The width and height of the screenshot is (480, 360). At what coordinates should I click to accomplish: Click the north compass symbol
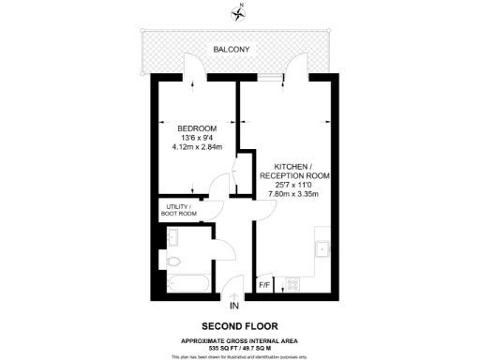239,12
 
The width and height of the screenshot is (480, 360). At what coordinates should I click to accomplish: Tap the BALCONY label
231,48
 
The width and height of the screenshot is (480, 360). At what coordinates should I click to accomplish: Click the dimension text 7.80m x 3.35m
296,194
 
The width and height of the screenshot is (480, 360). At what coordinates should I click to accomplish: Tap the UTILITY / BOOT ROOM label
180,209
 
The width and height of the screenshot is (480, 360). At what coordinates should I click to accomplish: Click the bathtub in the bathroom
184,282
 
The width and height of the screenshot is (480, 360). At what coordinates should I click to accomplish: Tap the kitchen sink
322,249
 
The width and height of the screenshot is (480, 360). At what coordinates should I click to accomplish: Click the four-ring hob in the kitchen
292,282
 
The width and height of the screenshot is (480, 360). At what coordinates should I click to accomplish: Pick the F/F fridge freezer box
264,282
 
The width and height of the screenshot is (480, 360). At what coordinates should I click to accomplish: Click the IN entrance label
234,306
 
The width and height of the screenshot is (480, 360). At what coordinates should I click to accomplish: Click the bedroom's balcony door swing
191,67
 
